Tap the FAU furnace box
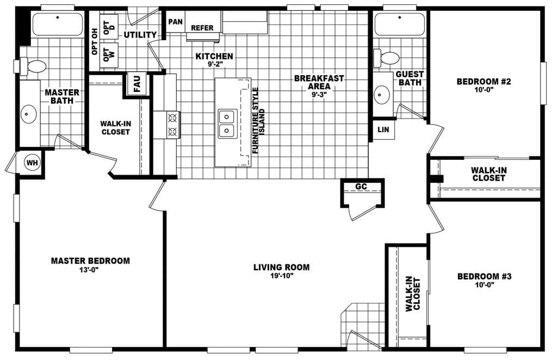(x=137, y=84)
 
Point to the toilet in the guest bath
(x=388, y=58)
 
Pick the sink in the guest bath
(x=381, y=95)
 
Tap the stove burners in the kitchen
(x=172, y=124)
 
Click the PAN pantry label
(x=175, y=22)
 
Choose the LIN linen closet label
(x=383, y=129)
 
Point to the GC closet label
(x=361, y=187)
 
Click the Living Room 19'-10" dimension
(x=281, y=276)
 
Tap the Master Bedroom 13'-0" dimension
(x=90, y=270)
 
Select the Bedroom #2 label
(x=478, y=82)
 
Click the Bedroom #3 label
(x=485, y=276)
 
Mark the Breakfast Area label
(x=319, y=82)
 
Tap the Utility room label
(x=140, y=35)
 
